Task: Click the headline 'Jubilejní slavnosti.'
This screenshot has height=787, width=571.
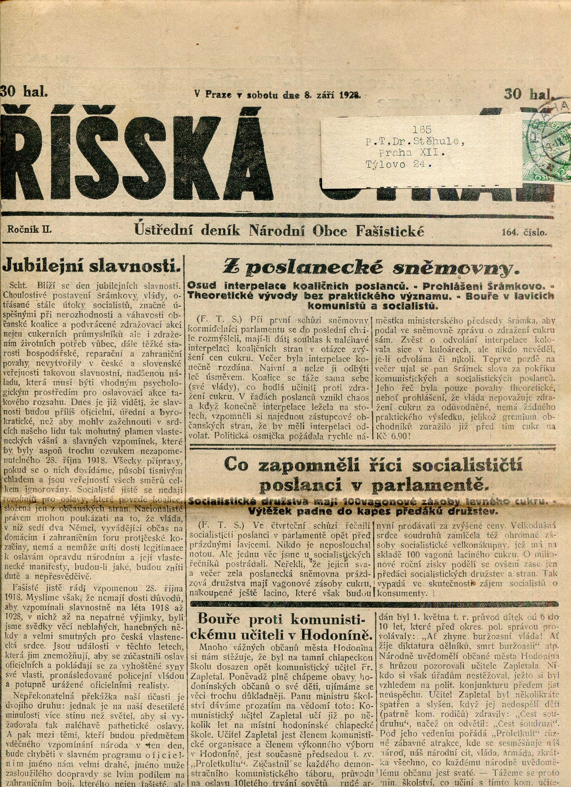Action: [x=92, y=266]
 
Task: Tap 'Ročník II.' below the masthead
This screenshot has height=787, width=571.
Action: [x=29, y=229]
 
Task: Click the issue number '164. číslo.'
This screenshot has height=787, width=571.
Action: [x=524, y=232]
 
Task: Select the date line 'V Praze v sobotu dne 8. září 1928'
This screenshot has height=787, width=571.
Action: [x=278, y=94]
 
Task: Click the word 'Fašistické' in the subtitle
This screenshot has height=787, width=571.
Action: [x=390, y=231]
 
